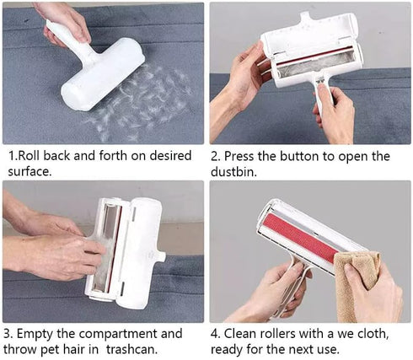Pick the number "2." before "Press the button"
(216, 156)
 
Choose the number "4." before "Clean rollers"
(216, 334)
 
